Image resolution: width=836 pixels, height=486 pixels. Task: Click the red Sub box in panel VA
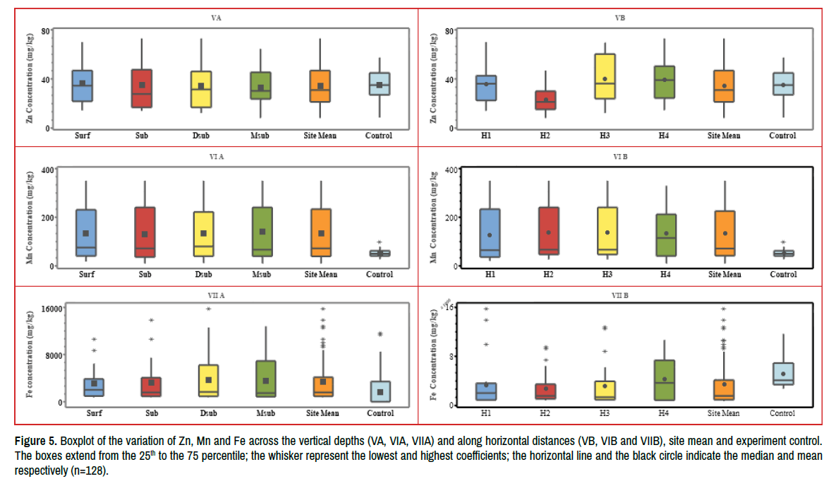pyautogui.click(x=143, y=88)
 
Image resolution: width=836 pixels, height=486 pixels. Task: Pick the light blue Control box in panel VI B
pyautogui.click(x=782, y=253)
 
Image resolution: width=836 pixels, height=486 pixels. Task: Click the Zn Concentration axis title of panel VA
pyautogui.click(x=30, y=79)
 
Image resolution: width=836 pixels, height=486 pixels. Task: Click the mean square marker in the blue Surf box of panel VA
pyautogui.click(x=83, y=83)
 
